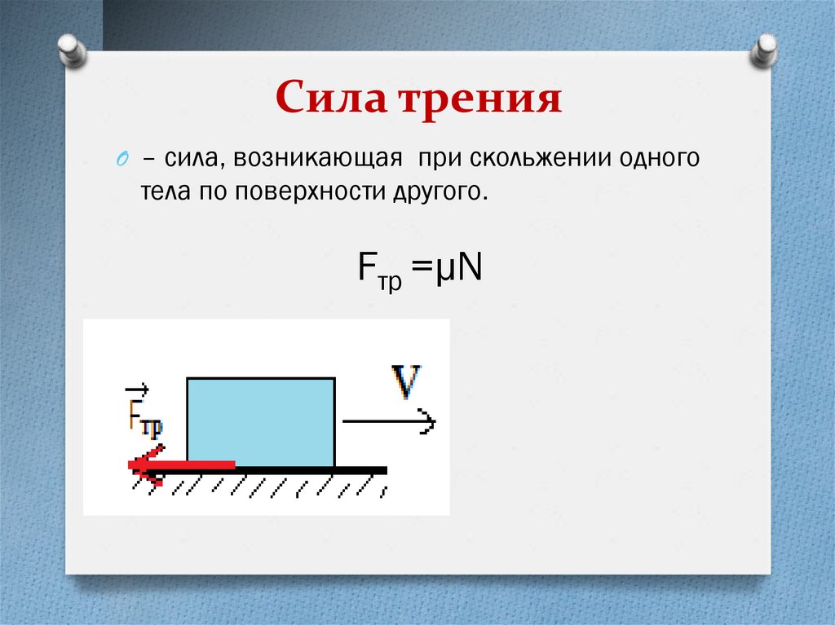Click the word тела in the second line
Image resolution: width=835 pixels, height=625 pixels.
pyautogui.click(x=161, y=192)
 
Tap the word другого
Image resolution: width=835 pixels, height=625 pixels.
pyautogui.click(x=444, y=192)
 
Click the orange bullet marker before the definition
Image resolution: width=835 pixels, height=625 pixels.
pyautogui.click(x=121, y=158)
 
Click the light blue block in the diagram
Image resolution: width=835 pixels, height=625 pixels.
pyautogui.click(x=261, y=421)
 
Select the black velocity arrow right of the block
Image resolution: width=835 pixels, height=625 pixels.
pyautogui.click(x=389, y=422)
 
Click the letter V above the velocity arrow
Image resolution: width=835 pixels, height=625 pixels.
pyautogui.click(x=405, y=381)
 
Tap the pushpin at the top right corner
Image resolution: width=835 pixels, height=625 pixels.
pyautogui.click(x=764, y=51)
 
